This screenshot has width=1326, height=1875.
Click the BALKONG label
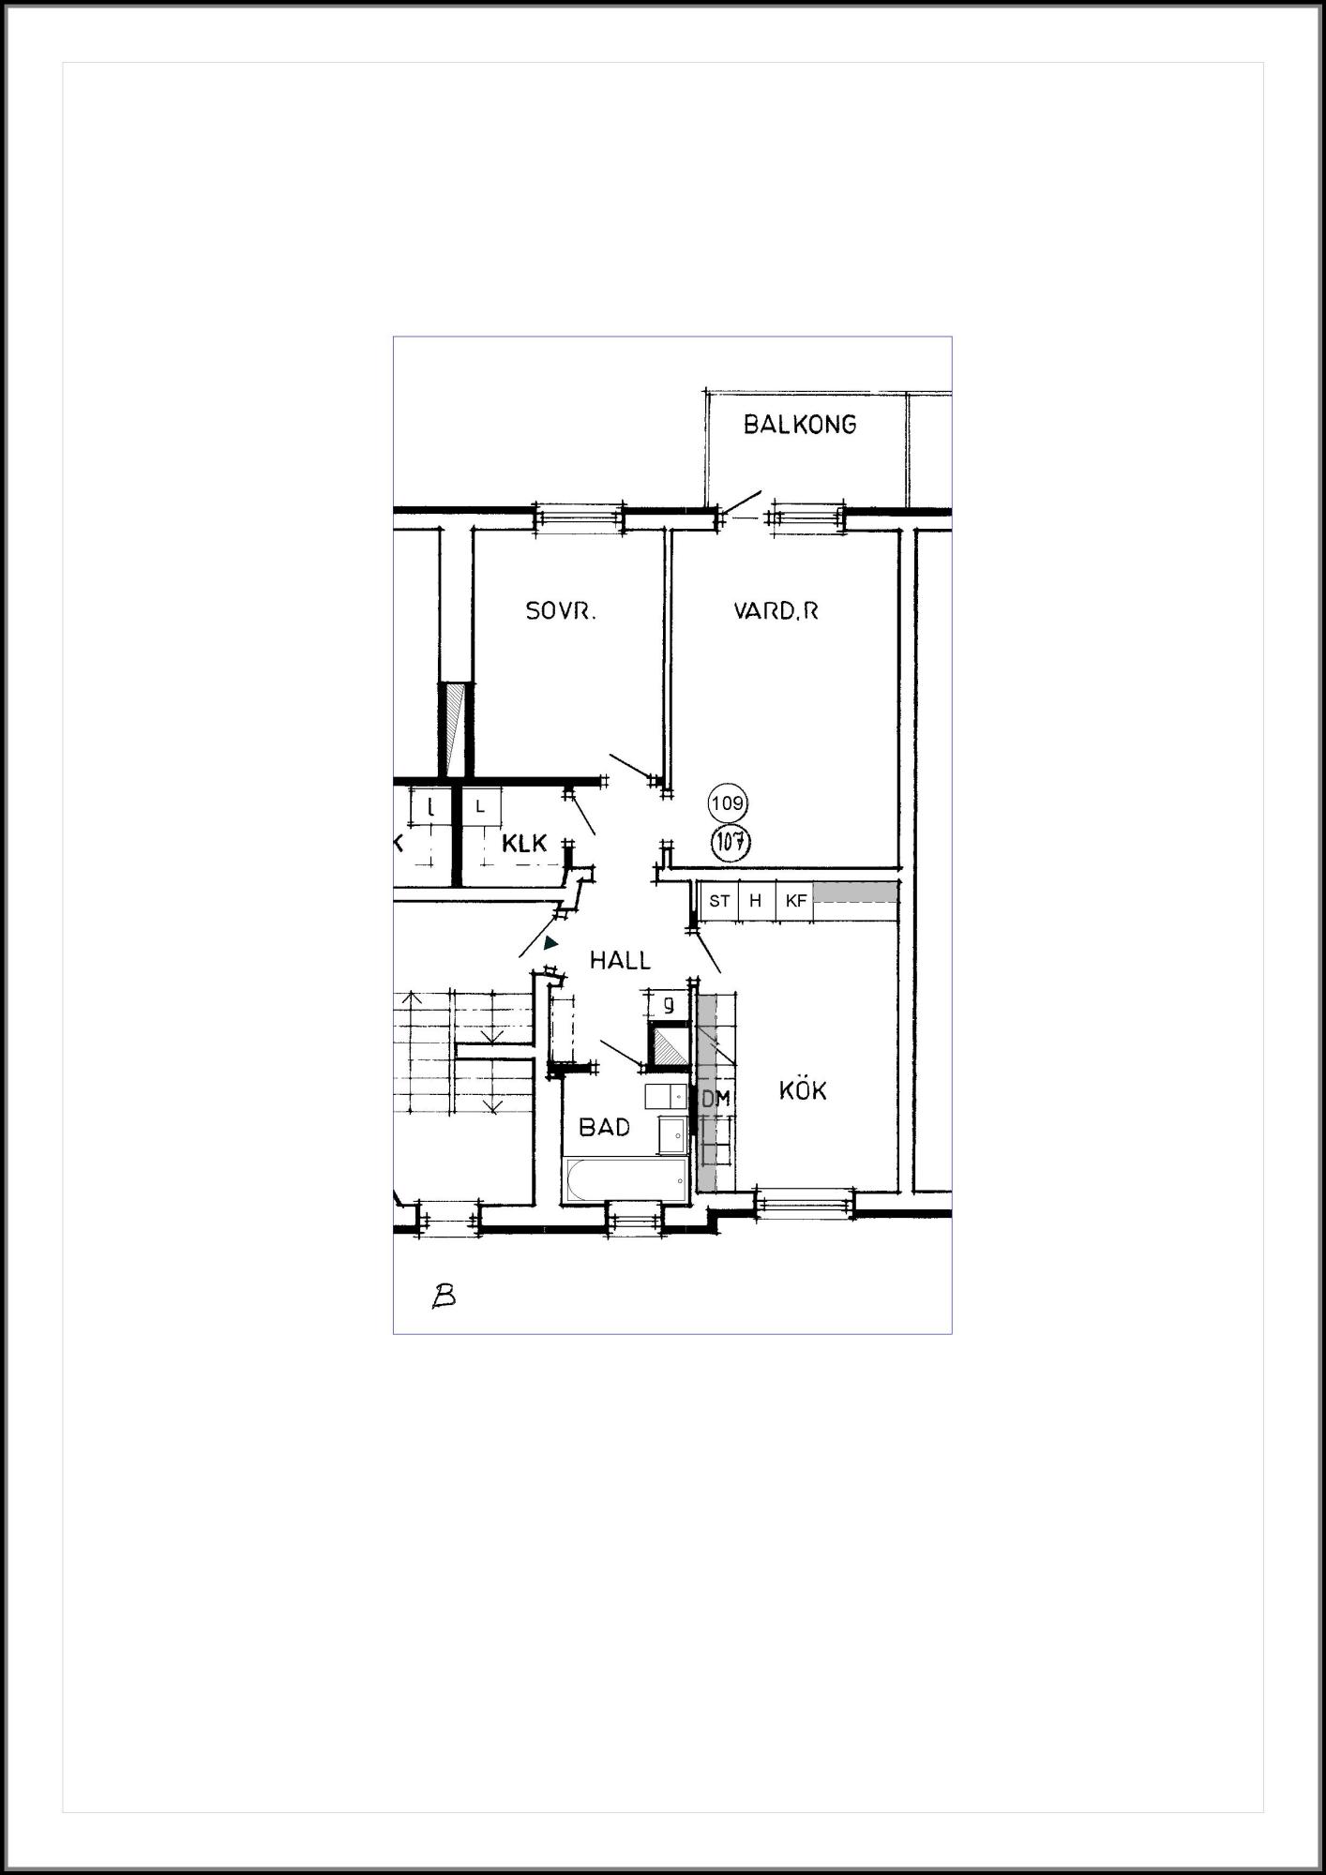[x=800, y=425]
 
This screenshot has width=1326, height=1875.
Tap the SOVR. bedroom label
[x=561, y=611]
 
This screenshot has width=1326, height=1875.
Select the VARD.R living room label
[x=776, y=611]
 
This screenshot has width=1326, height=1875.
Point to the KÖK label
[x=803, y=1090]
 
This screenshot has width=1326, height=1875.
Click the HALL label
[x=620, y=960]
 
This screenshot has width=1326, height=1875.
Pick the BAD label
[x=605, y=1127]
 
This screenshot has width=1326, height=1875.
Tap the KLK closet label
[x=524, y=843]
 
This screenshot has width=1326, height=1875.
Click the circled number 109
[x=728, y=803]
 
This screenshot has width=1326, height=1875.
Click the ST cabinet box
[x=720, y=901]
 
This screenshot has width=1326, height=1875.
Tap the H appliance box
[x=757, y=901]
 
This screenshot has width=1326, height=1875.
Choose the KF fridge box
[x=795, y=901]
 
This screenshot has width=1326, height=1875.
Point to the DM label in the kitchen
[x=716, y=1099]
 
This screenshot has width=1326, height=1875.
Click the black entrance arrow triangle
[x=550, y=943]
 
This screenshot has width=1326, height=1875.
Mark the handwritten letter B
[x=444, y=1296]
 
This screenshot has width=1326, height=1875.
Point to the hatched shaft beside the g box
[x=669, y=1045]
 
